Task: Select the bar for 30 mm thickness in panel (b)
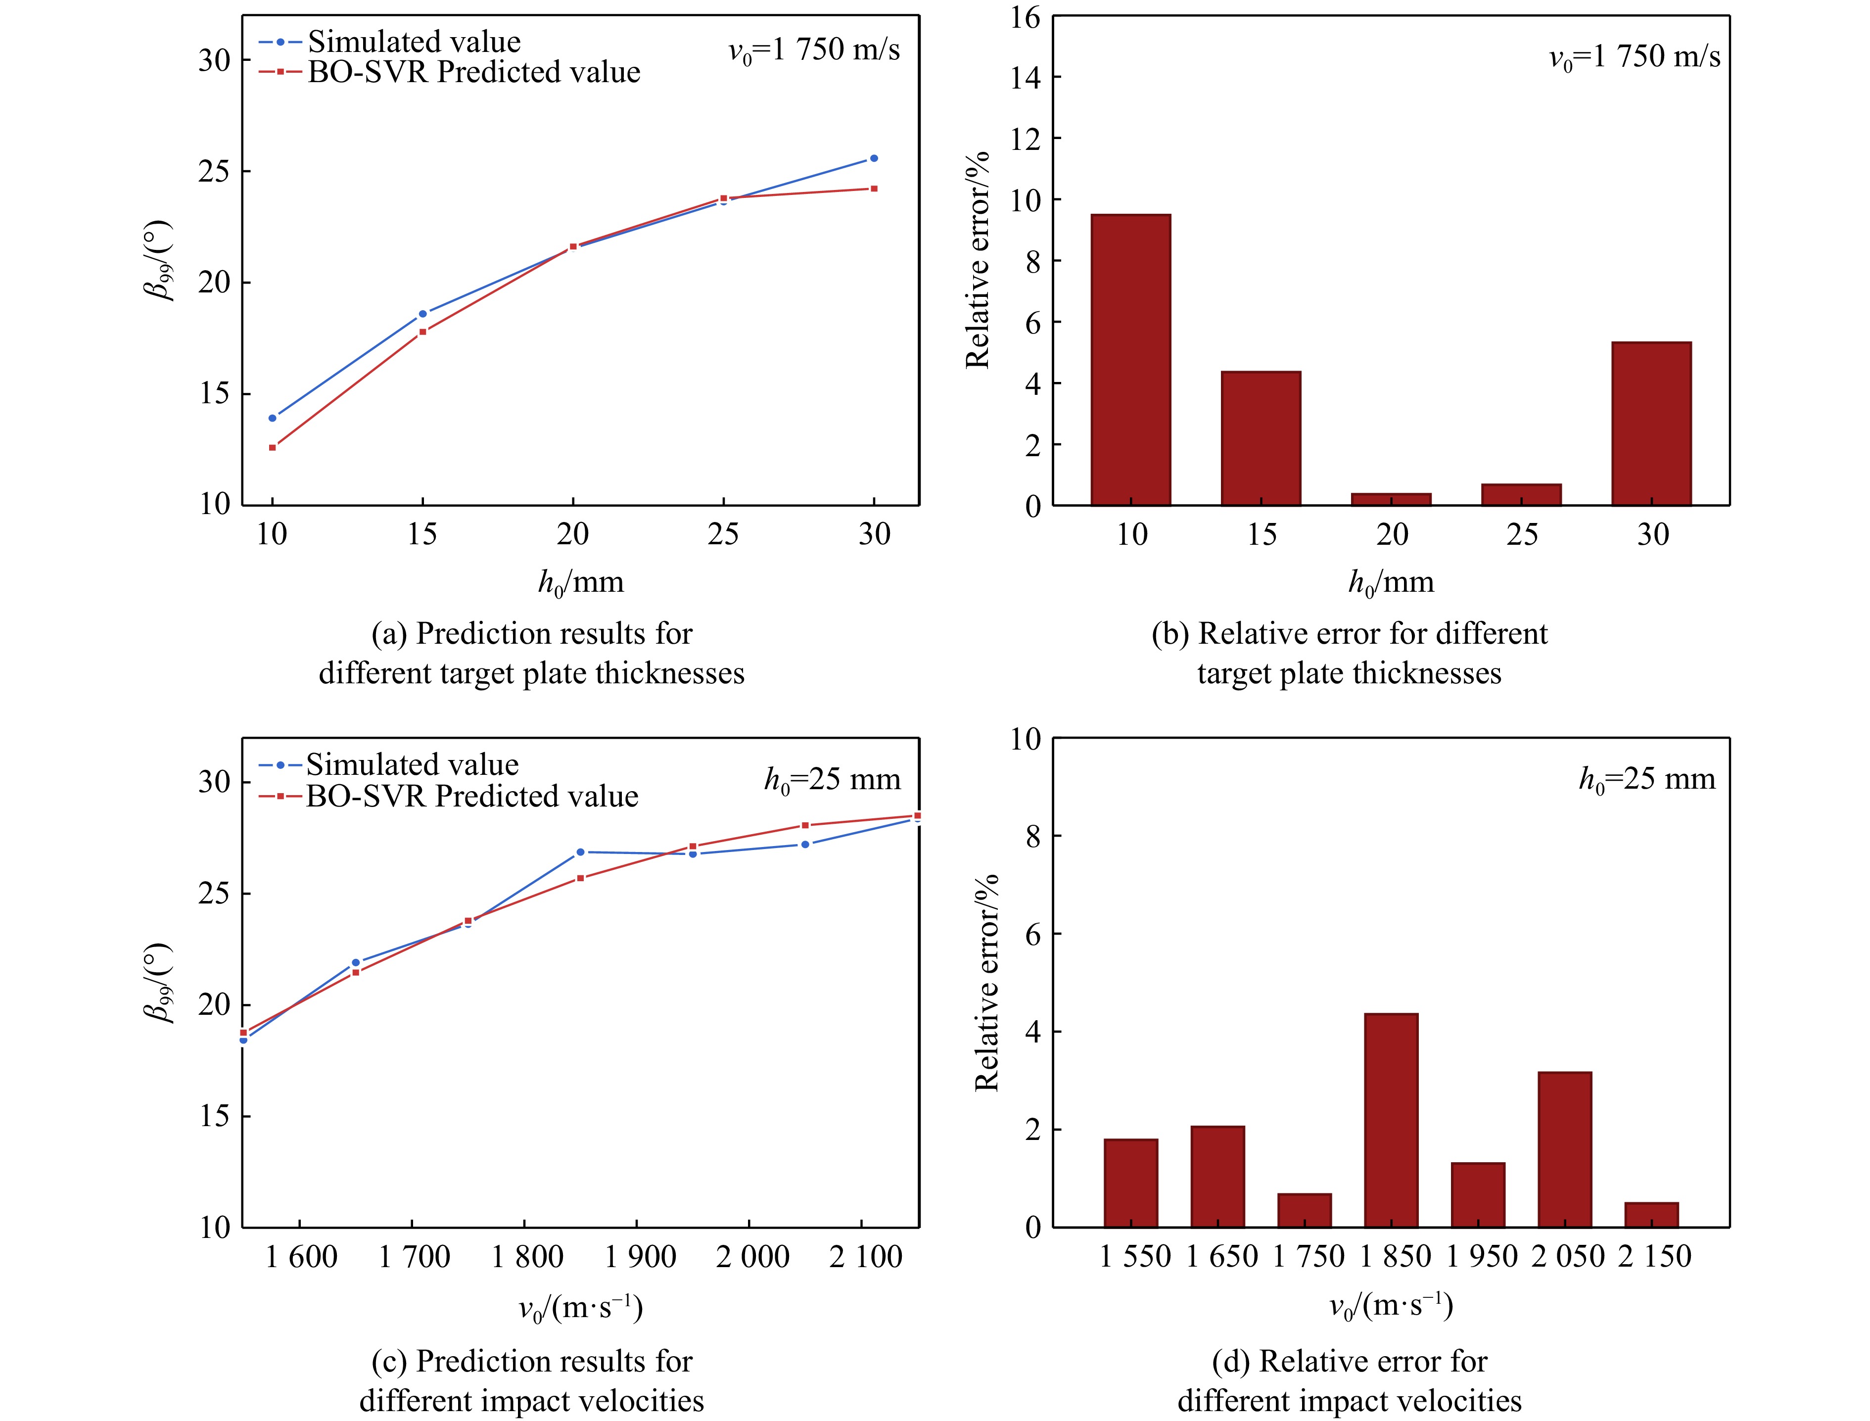click(x=1651, y=423)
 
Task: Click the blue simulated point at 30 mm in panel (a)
click(x=874, y=158)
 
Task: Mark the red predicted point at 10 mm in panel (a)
click(x=273, y=447)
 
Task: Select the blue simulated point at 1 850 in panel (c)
click(x=580, y=852)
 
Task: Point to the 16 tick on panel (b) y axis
click(x=1025, y=17)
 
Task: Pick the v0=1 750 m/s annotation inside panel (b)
click(x=1634, y=57)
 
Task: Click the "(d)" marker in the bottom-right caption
click(x=1231, y=1361)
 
